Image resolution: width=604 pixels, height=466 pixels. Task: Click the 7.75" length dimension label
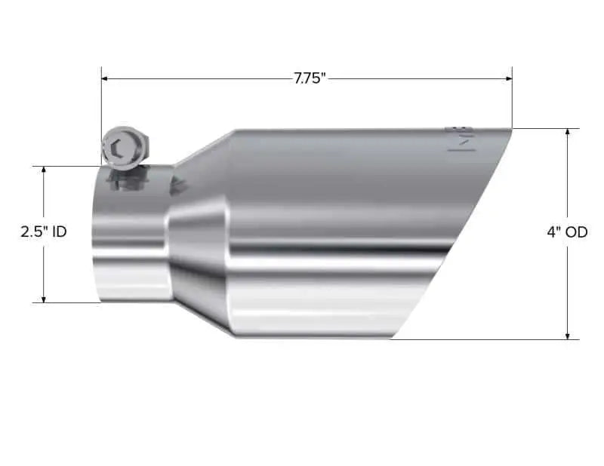click(x=310, y=78)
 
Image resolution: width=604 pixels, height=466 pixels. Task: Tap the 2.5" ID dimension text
click(x=43, y=232)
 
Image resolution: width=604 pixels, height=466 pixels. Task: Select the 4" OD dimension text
click(x=567, y=232)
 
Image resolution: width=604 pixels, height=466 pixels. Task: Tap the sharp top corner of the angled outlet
click(x=510, y=130)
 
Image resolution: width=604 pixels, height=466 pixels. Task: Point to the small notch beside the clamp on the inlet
click(x=179, y=185)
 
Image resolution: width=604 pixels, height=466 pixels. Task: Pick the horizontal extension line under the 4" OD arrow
click(x=483, y=339)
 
